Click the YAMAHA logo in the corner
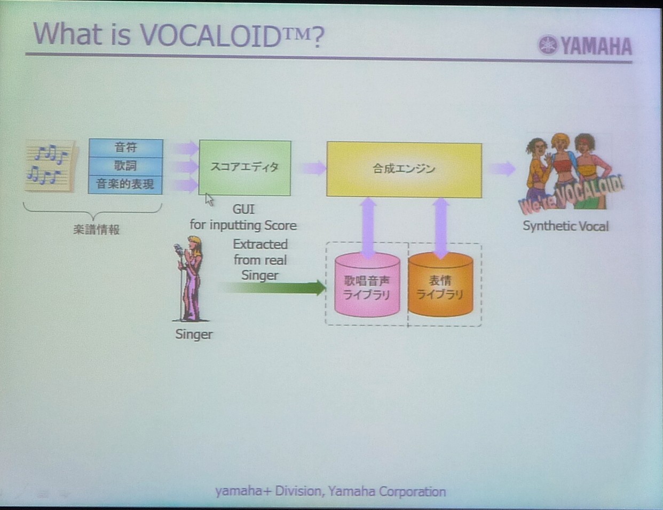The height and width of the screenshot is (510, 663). [x=585, y=45]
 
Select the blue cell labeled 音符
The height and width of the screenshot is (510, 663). [x=125, y=148]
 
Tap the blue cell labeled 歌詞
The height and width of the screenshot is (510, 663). [x=125, y=167]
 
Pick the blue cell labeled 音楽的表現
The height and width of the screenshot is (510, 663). [x=125, y=184]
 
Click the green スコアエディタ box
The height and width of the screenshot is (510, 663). [x=244, y=168]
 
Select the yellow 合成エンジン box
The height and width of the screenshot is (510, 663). [x=404, y=169]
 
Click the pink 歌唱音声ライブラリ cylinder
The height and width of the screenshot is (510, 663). [x=367, y=284]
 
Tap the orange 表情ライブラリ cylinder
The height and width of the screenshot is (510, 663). [x=440, y=284]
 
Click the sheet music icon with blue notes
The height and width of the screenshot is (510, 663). [x=50, y=166]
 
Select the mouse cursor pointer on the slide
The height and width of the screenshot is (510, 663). [x=209, y=199]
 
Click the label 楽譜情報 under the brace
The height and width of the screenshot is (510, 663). [x=97, y=229]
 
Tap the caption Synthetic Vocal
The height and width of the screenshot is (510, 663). [x=565, y=227]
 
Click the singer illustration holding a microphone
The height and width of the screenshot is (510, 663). [x=190, y=279]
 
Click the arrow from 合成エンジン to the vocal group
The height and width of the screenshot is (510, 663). [x=502, y=169]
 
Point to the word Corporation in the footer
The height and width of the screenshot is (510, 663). [x=412, y=492]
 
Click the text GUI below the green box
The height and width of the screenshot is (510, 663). [x=243, y=210]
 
